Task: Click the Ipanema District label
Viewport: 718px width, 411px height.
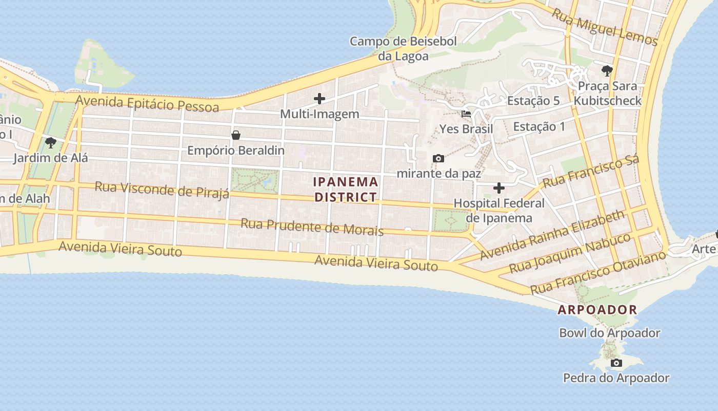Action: [x=346, y=189]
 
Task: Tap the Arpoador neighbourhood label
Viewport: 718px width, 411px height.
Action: [x=597, y=310]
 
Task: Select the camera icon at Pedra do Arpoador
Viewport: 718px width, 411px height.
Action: [x=616, y=363]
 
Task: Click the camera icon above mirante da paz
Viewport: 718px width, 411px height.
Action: [x=438, y=158]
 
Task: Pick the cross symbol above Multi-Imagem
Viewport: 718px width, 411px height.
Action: [x=320, y=98]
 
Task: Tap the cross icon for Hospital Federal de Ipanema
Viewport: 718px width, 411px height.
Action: [x=498, y=188]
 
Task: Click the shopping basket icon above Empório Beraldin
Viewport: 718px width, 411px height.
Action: [x=236, y=135]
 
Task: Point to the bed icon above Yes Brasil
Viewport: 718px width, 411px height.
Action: [x=466, y=114]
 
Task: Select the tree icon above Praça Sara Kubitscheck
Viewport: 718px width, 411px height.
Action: [x=607, y=70]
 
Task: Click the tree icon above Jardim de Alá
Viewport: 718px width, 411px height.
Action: [x=50, y=142]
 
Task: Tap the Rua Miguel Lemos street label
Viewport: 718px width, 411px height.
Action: [x=604, y=27]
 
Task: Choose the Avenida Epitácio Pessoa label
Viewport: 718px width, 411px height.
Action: [x=147, y=103]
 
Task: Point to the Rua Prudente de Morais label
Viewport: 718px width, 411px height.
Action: [x=312, y=226]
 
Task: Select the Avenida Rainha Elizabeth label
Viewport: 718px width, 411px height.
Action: [x=553, y=235]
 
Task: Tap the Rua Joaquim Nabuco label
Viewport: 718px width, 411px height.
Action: [x=569, y=253]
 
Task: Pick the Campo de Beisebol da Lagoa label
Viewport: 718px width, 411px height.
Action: [x=403, y=48]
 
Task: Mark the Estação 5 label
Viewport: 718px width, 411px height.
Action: [x=533, y=101]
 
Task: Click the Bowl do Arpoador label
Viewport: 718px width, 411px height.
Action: [x=609, y=333]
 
